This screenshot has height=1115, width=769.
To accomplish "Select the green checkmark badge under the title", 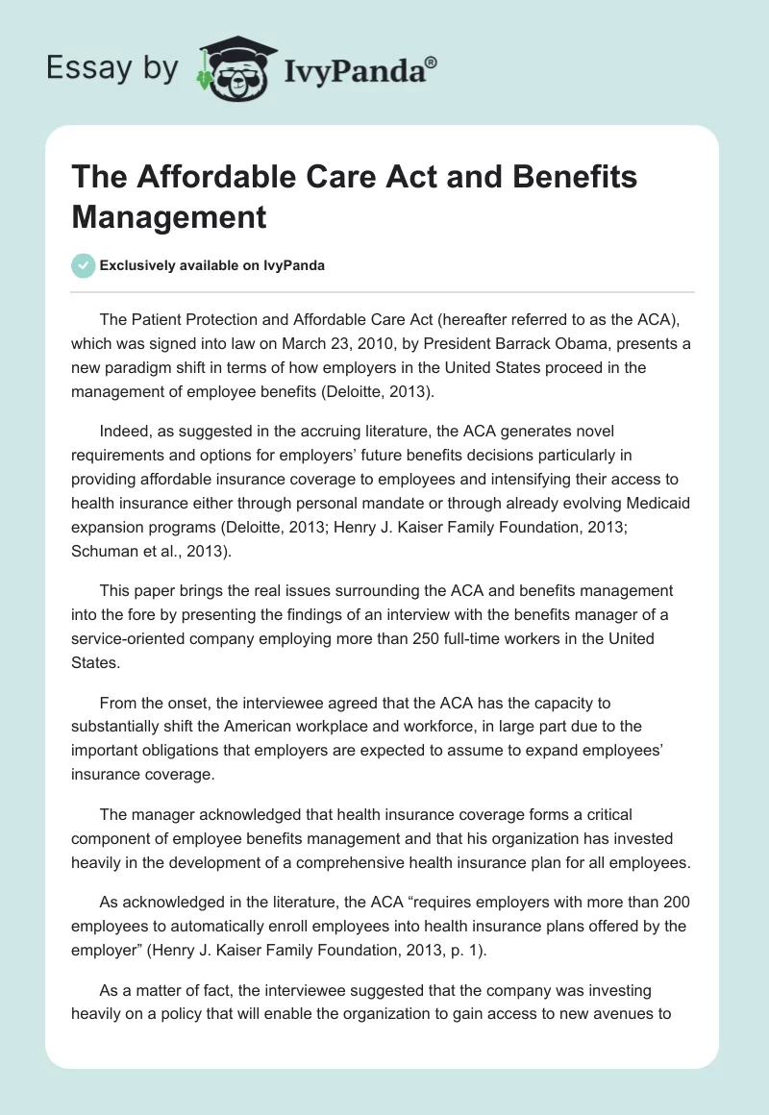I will click(x=84, y=265).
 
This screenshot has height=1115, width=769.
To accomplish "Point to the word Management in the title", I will click(x=169, y=216).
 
